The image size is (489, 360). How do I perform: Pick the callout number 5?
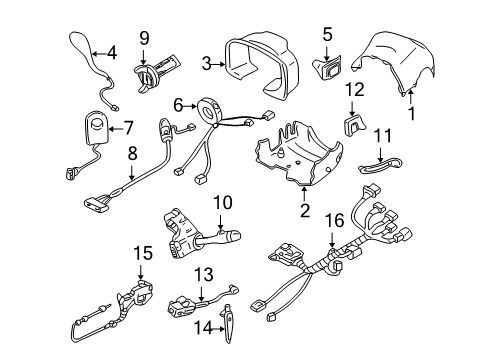pyautogui.click(x=326, y=36)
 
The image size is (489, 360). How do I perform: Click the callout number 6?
pyautogui.click(x=178, y=104)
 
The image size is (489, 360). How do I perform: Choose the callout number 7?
pyautogui.click(x=127, y=127)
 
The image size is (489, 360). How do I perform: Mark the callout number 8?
pyautogui.click(x=132, y=155)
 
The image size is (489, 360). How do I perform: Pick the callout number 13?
pyautogui.click(x=204, y=272)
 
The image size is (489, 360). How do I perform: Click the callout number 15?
pyautogui.click(x=143, y=254)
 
